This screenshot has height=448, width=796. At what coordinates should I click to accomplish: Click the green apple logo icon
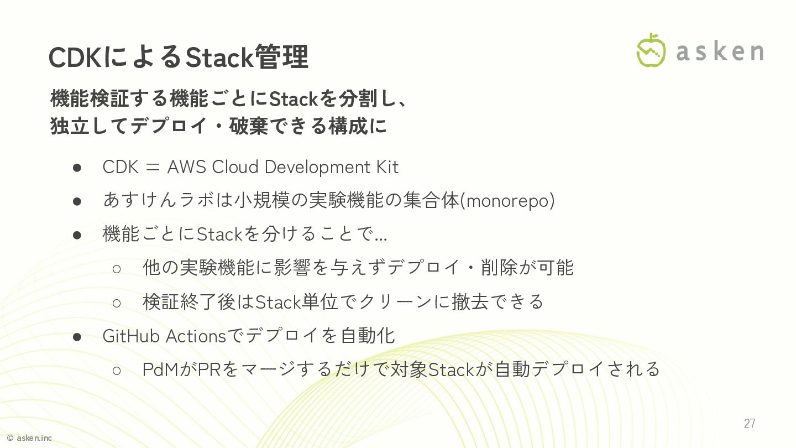tap(651, 50)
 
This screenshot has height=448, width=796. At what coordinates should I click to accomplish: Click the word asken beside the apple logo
tap(720, 51)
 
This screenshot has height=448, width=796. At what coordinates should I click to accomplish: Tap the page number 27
tap(749, 424)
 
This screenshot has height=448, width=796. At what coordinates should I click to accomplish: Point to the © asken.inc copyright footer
tap(29, 438)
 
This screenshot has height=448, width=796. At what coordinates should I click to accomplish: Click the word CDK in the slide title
tap(75, 57)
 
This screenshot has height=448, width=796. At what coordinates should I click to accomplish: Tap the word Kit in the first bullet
tap(387, 167)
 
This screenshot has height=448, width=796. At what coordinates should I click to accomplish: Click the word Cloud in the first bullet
tap(235, 167)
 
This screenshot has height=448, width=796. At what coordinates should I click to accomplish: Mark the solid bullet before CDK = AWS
tap(77, 168)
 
